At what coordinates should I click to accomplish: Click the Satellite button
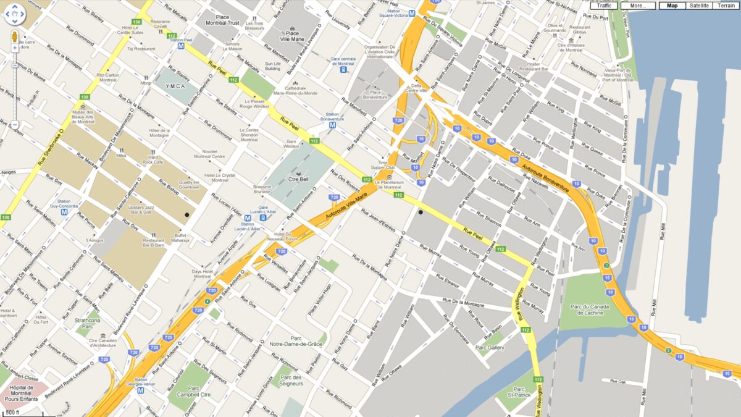tap(699, 6)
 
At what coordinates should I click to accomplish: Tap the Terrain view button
tap(726, 6)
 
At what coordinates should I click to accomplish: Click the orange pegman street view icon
tap(15, 38)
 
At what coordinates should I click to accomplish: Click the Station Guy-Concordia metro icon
tap(64, 212)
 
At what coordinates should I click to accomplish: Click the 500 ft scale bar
tap(12, 412)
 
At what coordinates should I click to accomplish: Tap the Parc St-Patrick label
tap(519, 393)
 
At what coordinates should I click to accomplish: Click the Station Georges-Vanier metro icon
tap(140, 390)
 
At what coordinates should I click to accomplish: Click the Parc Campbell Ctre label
tap(186, 391)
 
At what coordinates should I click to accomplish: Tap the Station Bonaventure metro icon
tap(333, 124)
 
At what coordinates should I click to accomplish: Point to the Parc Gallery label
tap(490, 348)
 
